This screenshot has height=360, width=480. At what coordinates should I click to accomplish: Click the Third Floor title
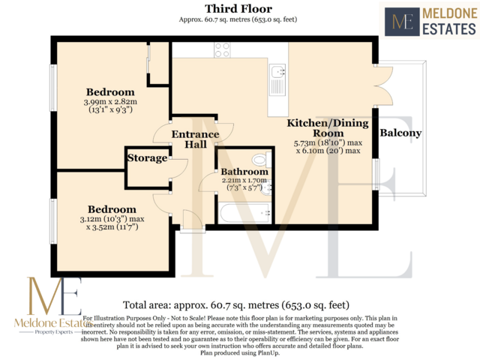click(x=239, y=9)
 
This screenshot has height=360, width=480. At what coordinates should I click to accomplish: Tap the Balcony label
click(x=401, y=134)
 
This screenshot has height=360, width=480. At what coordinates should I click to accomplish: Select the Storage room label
click(x=146, y=158)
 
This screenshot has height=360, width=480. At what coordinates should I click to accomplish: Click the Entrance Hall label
click(x=196, y=139)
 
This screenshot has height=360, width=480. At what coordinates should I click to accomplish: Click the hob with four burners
click(x=222, y=50)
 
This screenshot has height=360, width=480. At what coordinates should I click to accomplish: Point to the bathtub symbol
click(x=244, y=214)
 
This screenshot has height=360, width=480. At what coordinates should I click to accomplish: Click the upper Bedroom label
click(x=106, y=91)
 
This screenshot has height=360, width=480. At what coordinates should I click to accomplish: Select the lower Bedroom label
click(x=112, y=208)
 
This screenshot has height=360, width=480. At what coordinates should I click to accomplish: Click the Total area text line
click(x=237, y=305)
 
